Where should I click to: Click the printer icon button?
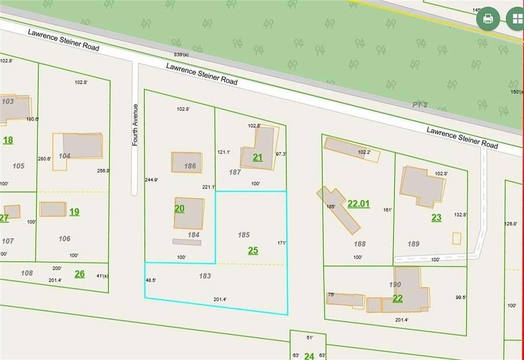pyautogui.click(x=488, y=19)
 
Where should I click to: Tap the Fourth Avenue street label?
pyautogui.click(x=136, y=125)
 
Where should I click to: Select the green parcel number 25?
pyautogui.click(x=253, y=250)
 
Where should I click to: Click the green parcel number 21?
pyautogui.click(x=258, y=157)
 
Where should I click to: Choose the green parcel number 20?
pyautogui.click(x=179, y=208)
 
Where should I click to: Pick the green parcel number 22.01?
pyautogui.click(x=359, y=203)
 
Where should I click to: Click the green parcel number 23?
pyautogui.click(x=436, y=218)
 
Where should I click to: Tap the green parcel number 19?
pyautogui.click(x=74, y=211)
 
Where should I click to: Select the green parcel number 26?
pyautogui.click(x=79, y=274)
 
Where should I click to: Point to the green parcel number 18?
pyautogui.click(x=8, y=140)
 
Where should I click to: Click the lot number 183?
pyautogui.click(x=205, y=276)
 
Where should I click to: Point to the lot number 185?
pyautogui.click(x=244, y=235)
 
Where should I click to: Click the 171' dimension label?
pyautogui.click(x=281, y=243)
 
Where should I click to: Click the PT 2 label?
pyautogui.click(x=420, y=104)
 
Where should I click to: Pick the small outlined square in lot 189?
pyautogui.click(x=456, y=239)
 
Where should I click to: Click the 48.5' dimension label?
pyautogui.click(x=151, y=280)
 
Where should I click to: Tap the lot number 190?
pyautogui.click(x=395, y=284)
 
